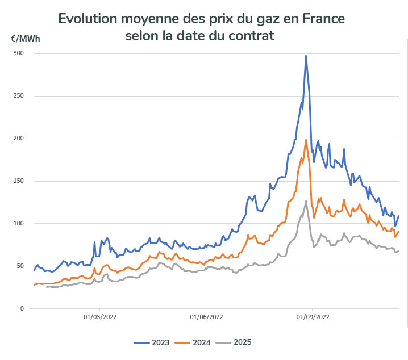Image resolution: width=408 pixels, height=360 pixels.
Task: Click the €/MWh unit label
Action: click(x=26, y=39)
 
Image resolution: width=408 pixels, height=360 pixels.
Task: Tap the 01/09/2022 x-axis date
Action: click(x=312, y=317)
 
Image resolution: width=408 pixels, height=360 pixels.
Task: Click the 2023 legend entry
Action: click(x=154, y=342)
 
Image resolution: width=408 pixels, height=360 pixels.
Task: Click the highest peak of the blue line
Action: click(x=306, y=56)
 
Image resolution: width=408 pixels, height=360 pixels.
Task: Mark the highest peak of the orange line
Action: click(x=306, y=140)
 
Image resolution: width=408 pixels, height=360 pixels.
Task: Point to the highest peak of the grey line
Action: click(x=306, y=200)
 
